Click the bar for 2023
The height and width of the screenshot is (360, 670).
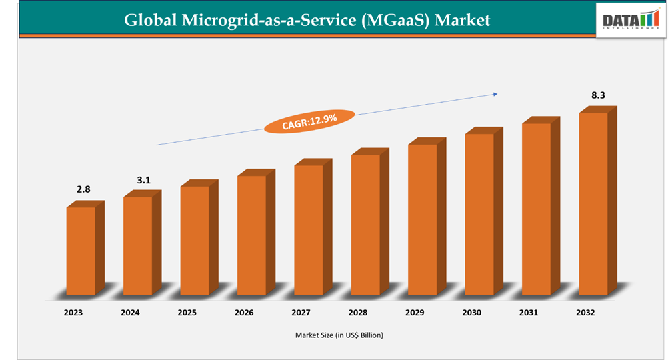coord(81,251)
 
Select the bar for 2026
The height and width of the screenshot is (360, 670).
coord(251,235)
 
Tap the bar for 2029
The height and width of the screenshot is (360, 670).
coord(423,219)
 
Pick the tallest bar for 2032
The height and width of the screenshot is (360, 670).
coord(593,203)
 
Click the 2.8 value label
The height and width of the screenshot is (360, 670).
coord(83,190)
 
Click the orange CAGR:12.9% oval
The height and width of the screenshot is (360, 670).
coord(309,121)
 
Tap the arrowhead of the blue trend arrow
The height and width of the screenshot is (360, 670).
coord(495,94)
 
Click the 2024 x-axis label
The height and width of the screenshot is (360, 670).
coord(130,312)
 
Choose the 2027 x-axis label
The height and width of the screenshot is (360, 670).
coord(301,312)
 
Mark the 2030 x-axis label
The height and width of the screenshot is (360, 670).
coord(472,312)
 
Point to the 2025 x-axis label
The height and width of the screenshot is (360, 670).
coord(187,312)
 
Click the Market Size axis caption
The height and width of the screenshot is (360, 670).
coord(339,335)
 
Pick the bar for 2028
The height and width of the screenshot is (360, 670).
coord(365,225)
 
